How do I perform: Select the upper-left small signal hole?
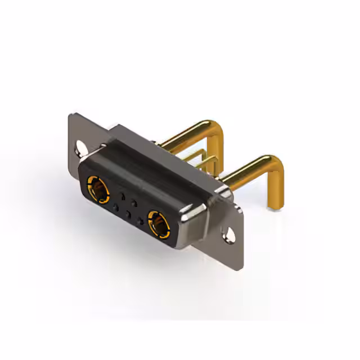tap(121, 195)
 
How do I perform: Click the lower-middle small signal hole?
tap(128, 214)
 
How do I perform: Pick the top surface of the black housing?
tap(152, 163)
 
